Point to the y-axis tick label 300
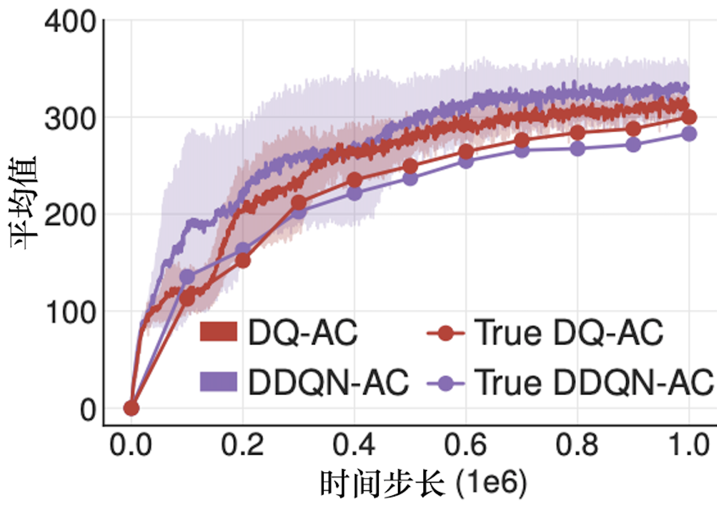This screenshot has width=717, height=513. pos(71,119)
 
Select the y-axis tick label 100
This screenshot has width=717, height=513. pos(71,313)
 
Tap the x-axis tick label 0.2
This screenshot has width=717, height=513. pos(242,445)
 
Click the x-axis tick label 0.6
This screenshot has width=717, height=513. pos(466,445)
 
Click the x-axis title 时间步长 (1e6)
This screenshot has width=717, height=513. pos(423,483)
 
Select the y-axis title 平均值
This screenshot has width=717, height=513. pos(23,203)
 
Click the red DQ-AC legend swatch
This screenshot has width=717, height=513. pos(219,332)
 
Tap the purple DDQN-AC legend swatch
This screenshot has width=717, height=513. pos(219,382)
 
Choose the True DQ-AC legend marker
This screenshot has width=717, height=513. pos(445,333)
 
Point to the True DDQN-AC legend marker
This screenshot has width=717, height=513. pos(445,384)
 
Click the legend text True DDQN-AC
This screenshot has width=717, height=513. pos(594,383)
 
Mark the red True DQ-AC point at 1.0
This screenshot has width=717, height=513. pos(689,117)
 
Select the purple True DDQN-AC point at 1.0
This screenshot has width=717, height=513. pos(689,134)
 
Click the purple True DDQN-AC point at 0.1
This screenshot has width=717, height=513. pos(187,277)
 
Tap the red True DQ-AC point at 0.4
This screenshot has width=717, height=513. pos(354,180)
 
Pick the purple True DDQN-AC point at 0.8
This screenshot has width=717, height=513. pos(577,149)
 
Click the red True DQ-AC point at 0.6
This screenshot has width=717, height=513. pos(466,152)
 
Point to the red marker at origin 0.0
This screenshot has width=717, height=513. pos(131,409)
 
